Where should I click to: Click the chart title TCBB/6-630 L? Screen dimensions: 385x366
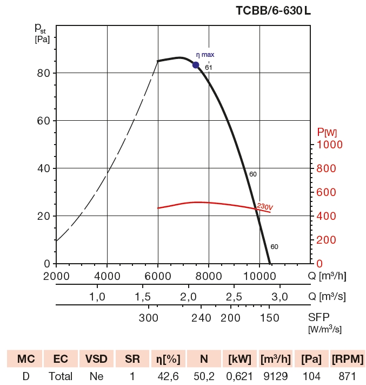coord(273,11)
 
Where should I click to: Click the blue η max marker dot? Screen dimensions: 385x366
coord(196,65)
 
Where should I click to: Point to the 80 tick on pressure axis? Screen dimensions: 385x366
coord(43,73)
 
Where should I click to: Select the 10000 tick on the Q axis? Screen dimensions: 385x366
coord(259,276)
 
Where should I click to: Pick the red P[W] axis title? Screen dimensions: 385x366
coord(327,132)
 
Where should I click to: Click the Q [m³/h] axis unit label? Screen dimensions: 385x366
coord(327,276)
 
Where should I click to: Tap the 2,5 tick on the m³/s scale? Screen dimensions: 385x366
coord(233,296)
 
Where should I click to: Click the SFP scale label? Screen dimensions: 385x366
coord(319,317)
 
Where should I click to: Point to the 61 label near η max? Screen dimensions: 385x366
coord(209,68)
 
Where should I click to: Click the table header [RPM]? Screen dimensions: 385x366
coord(348,358)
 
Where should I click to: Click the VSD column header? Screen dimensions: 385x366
coord(97,358)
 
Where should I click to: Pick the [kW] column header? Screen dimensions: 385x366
coord(239,358)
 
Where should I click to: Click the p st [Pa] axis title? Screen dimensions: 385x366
coord(43,32)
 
